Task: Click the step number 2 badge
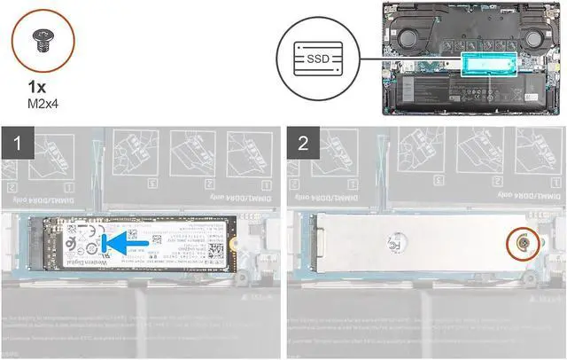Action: [x=303, y=140]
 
